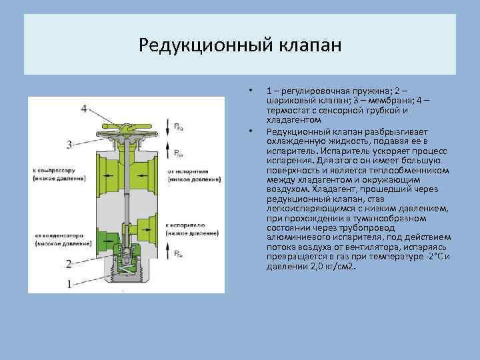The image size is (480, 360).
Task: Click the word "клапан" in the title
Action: click(x=308, y=45)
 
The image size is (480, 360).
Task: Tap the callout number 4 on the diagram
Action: click(x=84, y=109)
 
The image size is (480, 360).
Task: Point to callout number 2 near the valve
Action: click(x=69, y=263)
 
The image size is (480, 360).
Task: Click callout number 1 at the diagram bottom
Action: click(x=69, y=283)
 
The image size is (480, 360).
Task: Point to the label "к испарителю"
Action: click(x=191, y=226)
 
